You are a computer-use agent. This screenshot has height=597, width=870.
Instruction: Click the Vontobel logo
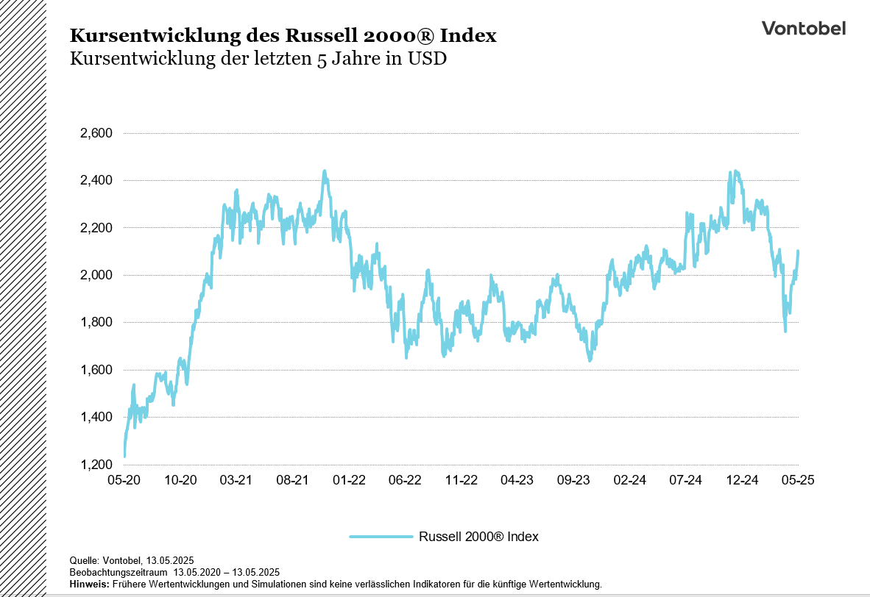point(803,29)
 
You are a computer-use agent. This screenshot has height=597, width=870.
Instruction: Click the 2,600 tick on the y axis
point(95,134)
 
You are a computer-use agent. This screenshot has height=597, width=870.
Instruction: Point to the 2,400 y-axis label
point(95,181)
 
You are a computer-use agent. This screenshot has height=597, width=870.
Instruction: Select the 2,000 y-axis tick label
point(95,276)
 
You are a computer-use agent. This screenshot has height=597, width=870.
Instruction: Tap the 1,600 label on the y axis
point(95,371)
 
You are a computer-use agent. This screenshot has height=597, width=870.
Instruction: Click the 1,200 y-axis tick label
point(95,465)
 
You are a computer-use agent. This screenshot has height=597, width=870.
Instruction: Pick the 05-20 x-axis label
point(124,480)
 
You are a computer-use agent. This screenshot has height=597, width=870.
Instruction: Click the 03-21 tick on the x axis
point(236,480)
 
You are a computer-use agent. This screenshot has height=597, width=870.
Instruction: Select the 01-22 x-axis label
point(349,480)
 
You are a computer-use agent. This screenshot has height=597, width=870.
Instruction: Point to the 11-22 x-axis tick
point(461,480)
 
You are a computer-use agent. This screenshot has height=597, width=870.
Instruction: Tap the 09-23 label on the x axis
point(573,480)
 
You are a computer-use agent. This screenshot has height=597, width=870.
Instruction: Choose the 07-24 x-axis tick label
point(686,480)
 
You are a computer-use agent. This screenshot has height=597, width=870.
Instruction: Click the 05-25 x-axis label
point(798,480)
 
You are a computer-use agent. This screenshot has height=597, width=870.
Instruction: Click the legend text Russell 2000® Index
point(478,537)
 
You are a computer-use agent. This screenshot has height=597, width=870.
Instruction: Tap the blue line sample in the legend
point(381,537)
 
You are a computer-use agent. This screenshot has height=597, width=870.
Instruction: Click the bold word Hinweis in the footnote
point(88,584)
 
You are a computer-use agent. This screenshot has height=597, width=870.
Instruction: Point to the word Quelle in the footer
point(83,560)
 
